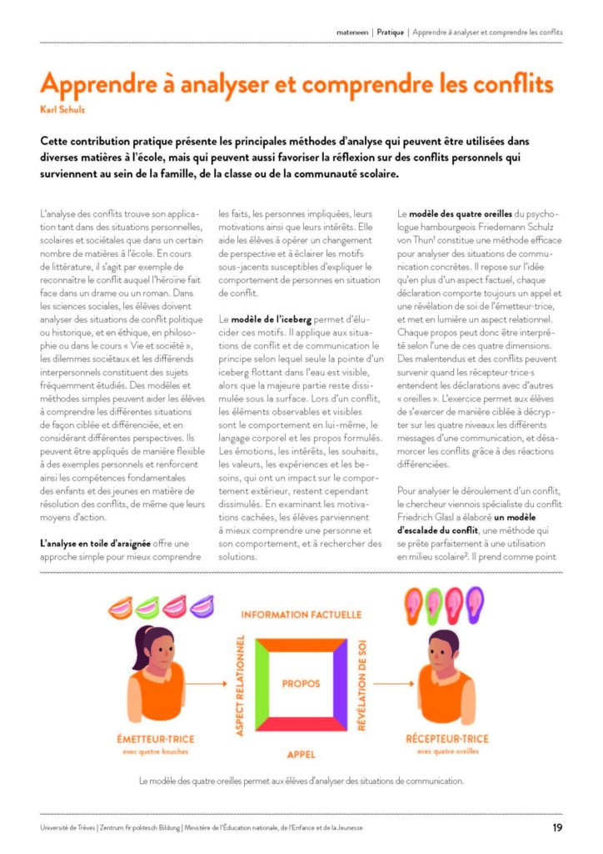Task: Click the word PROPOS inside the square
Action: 301,683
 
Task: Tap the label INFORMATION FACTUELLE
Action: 301,615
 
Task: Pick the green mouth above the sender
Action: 148,606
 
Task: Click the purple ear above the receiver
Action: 474,601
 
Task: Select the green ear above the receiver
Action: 434,601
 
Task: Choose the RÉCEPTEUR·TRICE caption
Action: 446,739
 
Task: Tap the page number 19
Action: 556,827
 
